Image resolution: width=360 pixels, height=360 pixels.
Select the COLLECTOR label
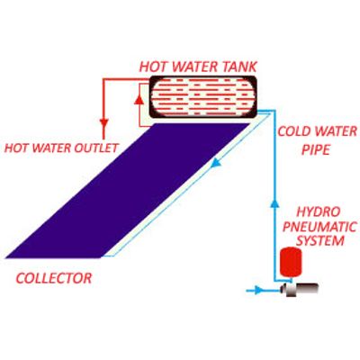coord(54,278)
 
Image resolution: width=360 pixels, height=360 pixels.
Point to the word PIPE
coord(316,149)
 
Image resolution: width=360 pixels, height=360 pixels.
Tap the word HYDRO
coord(319,211)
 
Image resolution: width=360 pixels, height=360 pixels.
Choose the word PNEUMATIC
coord(319,227)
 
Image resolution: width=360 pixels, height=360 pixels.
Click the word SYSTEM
coord(320,241)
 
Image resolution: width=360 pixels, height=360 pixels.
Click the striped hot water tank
coord(203,96)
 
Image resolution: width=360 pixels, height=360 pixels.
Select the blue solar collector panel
coord(128,191)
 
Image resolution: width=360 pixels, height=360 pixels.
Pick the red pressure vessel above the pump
coord(290,261)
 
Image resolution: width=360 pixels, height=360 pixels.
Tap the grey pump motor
coord(299,289)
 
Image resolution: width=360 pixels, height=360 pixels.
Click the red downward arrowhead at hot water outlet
coord(103,123)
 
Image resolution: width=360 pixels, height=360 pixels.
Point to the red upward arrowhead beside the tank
coord(139,100)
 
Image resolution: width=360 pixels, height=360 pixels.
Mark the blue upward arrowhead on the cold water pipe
coord(274,204)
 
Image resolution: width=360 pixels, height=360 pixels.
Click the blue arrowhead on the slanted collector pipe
coord(216,163)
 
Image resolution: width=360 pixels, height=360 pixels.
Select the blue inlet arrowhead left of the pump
coord(259,290)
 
